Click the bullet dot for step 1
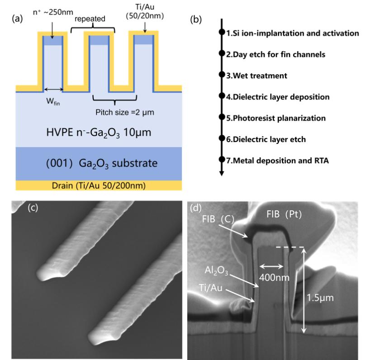coord(222,33)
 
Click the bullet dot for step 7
coord(222,160)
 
